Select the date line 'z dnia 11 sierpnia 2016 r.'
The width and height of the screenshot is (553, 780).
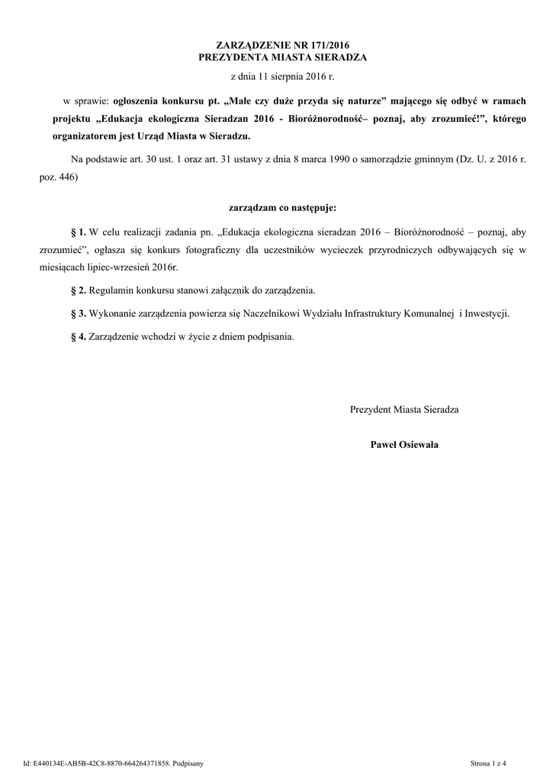(x=282, y=78)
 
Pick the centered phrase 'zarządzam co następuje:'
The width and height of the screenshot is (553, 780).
(x=282, y=206)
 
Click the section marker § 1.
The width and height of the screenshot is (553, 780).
(x=78, y=230)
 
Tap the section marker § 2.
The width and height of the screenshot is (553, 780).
(x=78, y=291)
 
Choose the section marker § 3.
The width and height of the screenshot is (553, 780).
(x=78, y=313)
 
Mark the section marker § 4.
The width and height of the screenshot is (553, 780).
(x=78, y=336)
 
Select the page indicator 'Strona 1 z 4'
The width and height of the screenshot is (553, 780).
(x=488, y=762)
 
